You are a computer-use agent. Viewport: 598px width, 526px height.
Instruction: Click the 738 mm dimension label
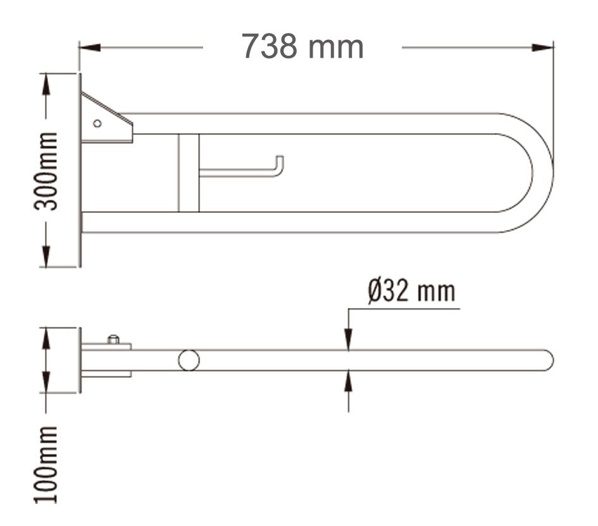302,46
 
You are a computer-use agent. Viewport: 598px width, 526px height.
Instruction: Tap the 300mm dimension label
46,171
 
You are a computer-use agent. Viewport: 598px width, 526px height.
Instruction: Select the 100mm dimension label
46,465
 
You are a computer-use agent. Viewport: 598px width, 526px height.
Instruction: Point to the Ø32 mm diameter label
412,291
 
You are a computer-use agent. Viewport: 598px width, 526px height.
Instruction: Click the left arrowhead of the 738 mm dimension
90,48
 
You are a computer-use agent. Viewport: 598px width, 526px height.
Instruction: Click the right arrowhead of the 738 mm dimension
543,48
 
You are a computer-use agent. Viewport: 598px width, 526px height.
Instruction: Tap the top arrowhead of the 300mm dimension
46,84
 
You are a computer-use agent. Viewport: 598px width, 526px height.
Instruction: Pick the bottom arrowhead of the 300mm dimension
46,256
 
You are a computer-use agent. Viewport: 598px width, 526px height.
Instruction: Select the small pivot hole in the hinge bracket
97,124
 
